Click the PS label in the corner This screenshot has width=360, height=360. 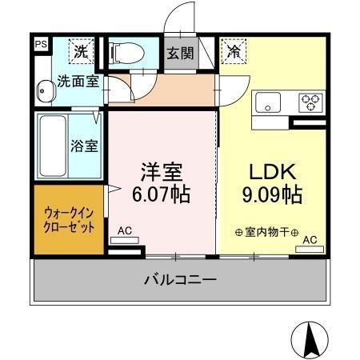point(40,46)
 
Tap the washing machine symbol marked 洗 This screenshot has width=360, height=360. point(81,52)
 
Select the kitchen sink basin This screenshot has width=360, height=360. point(267,103)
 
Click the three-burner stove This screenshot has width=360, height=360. point(310,103)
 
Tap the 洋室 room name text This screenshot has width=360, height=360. point(162,173)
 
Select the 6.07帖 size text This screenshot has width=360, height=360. point(162,194)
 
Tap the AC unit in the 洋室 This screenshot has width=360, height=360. point(125,241)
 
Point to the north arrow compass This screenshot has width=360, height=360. point(313,341)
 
